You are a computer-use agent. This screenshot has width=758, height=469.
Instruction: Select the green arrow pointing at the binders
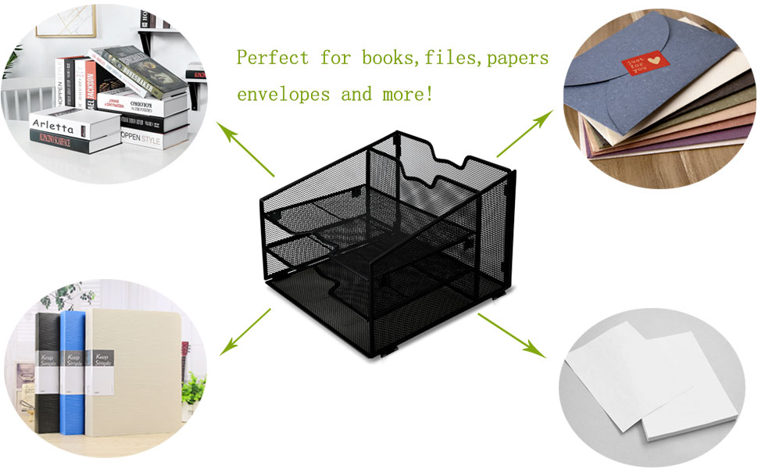[245, 331]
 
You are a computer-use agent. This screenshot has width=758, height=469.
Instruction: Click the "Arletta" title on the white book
[52, 126]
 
